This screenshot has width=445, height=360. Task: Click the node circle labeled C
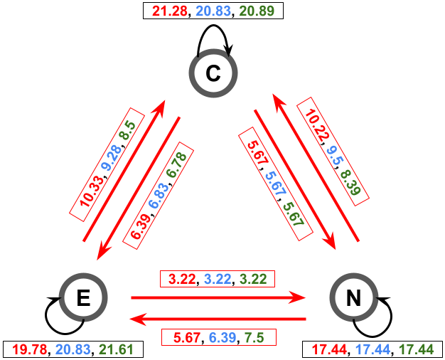pos(213,73)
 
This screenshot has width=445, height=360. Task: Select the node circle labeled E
pos(83,297)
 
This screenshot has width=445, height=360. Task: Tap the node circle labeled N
pos(353,297)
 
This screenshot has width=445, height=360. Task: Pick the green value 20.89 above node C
pos(260,11)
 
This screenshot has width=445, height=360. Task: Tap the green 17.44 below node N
pos(416,349)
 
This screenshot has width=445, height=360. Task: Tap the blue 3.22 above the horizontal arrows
pos(218,279)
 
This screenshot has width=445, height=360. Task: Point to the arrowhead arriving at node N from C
pos(330,242)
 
